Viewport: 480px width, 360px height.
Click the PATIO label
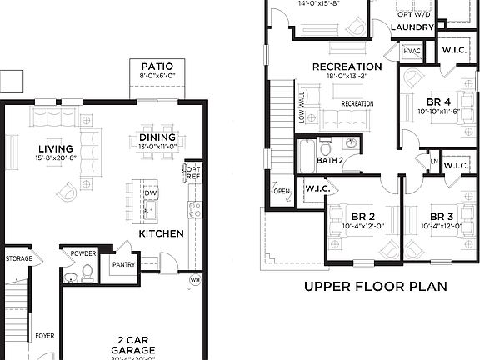pos(157,67)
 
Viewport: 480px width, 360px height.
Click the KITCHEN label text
pos(161,234)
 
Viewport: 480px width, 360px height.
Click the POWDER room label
pos(83,253)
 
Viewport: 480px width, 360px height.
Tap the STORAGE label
pos(19,259)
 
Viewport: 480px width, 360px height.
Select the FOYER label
pos(44,336)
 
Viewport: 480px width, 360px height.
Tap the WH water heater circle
pos(194,279)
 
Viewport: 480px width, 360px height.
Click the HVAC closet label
pos(412,51)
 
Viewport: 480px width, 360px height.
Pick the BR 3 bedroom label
pos(441,215)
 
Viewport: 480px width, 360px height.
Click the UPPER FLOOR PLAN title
pos(375,287)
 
